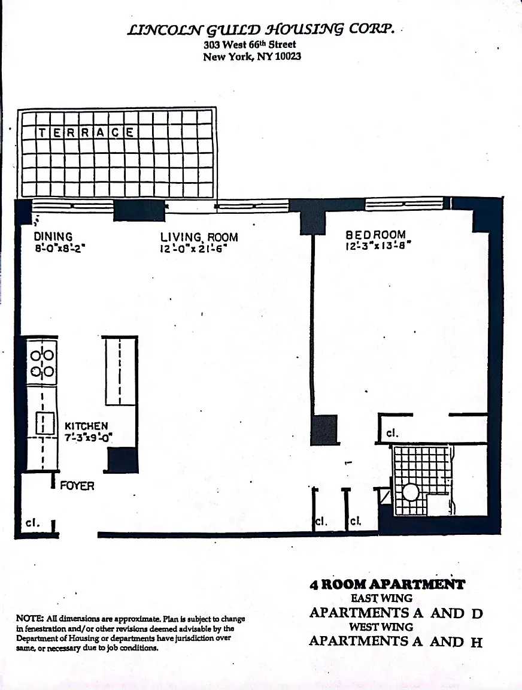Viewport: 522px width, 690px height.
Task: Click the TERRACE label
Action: pos(86,133)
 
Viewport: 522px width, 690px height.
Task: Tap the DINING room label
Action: pos(53,237)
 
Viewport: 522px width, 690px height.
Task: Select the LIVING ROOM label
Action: pos(199,237)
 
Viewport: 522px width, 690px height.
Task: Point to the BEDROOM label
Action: pos(375,235)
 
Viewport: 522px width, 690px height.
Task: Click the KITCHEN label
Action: pos(86,426)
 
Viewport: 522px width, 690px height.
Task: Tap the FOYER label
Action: pos(77,486)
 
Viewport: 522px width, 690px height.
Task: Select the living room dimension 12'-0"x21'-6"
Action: pos(193,249)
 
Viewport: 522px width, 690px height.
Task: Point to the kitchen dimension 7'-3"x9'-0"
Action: pos(89,437)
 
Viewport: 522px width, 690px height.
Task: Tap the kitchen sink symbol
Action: pos(43,423)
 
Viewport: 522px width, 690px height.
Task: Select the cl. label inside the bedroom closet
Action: pos(392,432)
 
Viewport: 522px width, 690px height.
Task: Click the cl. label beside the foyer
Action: pos(33,522)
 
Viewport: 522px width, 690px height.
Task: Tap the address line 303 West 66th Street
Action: pos(250,45)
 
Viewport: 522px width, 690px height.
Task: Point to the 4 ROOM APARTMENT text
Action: pos(387,585)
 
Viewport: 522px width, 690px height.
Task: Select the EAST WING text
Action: pos(381,598)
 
